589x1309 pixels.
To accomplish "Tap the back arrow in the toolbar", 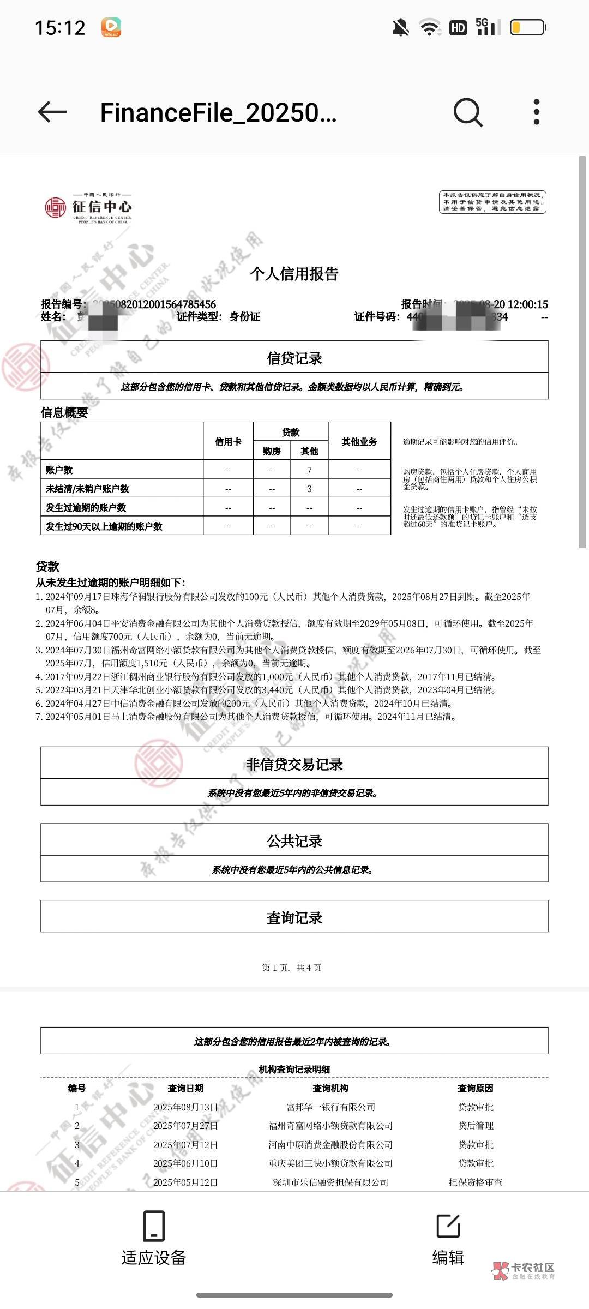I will [x=52, y=112].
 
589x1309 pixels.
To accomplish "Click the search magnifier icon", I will [x=468, y=112].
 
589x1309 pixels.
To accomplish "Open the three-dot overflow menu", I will [x=537, y=112].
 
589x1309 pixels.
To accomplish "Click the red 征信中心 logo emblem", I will [x=55, y=208].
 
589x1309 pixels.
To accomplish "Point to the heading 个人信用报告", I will [x=294, y=274].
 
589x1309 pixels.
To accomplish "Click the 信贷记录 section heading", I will [x=294, y=358].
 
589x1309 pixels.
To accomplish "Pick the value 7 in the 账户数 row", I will [x=309, y=470].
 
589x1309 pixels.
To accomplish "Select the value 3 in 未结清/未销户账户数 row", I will [x=309, y=489].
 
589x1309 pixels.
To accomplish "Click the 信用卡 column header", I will [x=228, y=442].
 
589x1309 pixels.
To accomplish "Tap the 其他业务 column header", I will [x=359, y=442].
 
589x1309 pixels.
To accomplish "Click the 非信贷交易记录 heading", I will [x=294, y=765].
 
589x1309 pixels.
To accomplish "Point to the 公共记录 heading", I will [x=294, y=841].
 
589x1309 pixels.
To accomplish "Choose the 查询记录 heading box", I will [x=294, y=917].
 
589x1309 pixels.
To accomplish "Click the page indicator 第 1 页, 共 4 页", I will [x=292, y=968].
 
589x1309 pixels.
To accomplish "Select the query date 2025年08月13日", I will [x=185, y=1107].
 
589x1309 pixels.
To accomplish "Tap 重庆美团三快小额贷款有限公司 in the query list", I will [x=330, y=1163].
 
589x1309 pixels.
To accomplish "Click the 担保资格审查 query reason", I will [x=476, y=1182].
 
